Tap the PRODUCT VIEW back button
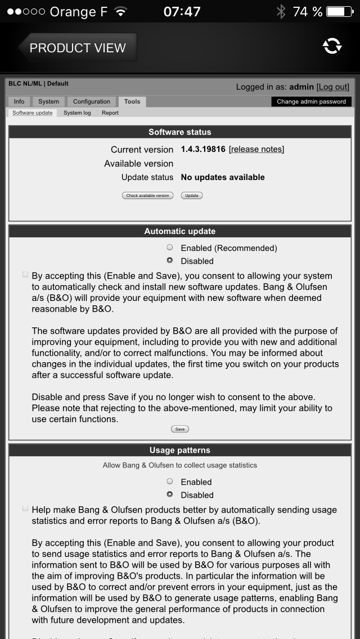click(77, 48)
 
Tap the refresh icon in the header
click(332, 47)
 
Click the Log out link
click(333, 87)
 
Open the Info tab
click(19, 102)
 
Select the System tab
click(48, 102)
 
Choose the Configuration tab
click(91, 102)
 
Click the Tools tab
click(132, 102)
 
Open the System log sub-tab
click(77, 113)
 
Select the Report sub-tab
click(110, 113)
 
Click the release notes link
click(256, 149)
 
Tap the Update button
click(192, 196)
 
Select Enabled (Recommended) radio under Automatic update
click(170, 247)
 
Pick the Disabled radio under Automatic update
click(170, 260)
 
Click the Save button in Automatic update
click(180, 429)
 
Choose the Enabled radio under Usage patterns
click(170, 481)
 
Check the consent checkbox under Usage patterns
click(25, 508)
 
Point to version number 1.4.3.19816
click(203, 149)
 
